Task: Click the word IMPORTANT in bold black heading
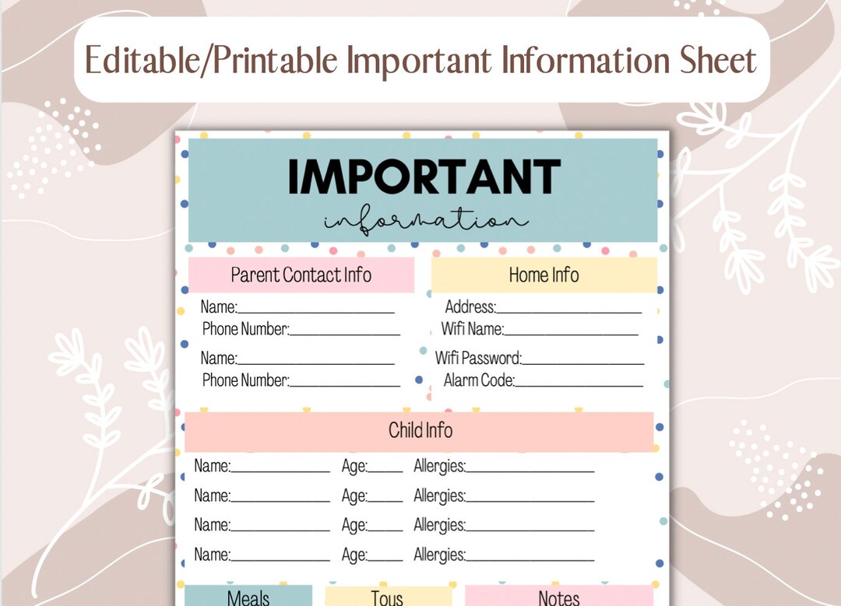[424, 177]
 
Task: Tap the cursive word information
[425, 220]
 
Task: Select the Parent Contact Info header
[301, 275]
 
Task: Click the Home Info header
[544, 275]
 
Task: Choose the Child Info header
[420, 430]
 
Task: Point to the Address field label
[470, 307]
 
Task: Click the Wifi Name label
[472, 329]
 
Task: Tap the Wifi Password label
[477, 359]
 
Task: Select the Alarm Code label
[479, 380]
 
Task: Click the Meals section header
[248, 597]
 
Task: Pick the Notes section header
[558, 597]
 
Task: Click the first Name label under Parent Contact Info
[218, 307]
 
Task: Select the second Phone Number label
[245, 380]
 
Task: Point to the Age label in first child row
[354, 467]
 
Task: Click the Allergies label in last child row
[439, 555]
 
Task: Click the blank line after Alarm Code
[579, 385]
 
